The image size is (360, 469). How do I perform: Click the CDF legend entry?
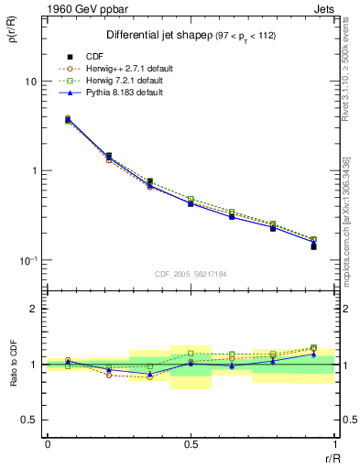93,57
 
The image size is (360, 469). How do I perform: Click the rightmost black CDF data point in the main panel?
313,247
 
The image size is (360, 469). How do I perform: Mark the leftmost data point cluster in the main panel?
67,119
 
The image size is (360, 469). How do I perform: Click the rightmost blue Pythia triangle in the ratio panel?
313,354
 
